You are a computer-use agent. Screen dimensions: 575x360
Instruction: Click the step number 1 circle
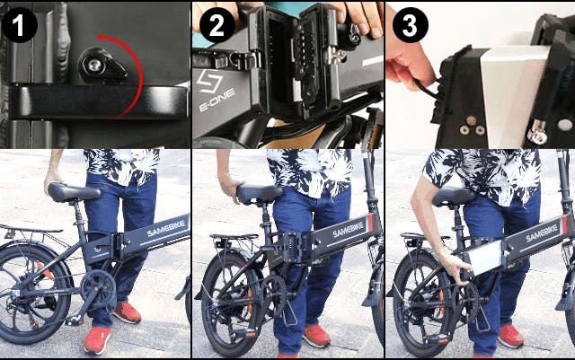tap(19, 25)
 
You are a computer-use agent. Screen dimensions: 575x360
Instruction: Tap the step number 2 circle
tap(217, 25)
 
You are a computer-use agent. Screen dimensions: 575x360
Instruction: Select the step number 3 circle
tap(411, 25)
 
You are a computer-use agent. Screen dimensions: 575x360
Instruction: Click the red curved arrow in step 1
tap(137, 74)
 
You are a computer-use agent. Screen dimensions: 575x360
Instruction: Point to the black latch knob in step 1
tap(102, 66)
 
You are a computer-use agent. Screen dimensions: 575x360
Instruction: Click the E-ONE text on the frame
tap(217, 100)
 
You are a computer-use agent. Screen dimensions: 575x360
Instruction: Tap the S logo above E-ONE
tap(209, 82)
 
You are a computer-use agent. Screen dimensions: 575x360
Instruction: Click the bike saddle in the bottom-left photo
tap(74, 192)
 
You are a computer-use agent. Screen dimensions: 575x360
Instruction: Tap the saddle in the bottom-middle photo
tap(260, 194)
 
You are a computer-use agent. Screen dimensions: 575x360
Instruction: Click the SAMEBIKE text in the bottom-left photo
tap(166, 228)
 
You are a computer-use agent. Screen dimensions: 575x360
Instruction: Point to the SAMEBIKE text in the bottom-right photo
tap(541, 233)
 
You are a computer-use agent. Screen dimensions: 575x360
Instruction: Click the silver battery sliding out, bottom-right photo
tap(485, 258)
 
